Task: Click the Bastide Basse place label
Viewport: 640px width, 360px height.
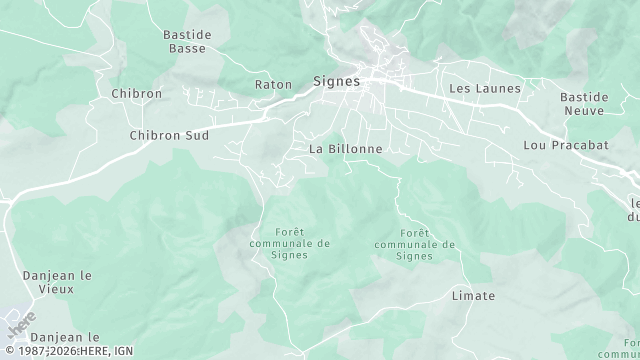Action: tap(187, 41)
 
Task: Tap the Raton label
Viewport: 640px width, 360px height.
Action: tap(272, 84)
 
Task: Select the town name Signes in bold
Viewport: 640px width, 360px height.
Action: tap(336, 81)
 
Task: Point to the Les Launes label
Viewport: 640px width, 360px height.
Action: tap(485, 89)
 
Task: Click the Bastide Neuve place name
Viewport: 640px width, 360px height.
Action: tap(584, 104)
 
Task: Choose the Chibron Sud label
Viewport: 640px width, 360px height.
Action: tap(169, 134)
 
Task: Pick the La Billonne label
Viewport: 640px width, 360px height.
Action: tap(346, 148)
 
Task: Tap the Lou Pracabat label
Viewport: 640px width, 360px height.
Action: tap(566, 145)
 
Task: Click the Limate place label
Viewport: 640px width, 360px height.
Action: tap(474, 296)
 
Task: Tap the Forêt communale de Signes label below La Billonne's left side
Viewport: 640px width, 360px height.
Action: tap(290, 243)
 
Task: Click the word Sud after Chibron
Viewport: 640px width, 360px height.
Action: tap(196, 134)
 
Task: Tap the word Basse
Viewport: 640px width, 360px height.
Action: tap(187, 48)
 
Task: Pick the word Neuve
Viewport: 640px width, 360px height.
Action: tap(584, 111)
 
